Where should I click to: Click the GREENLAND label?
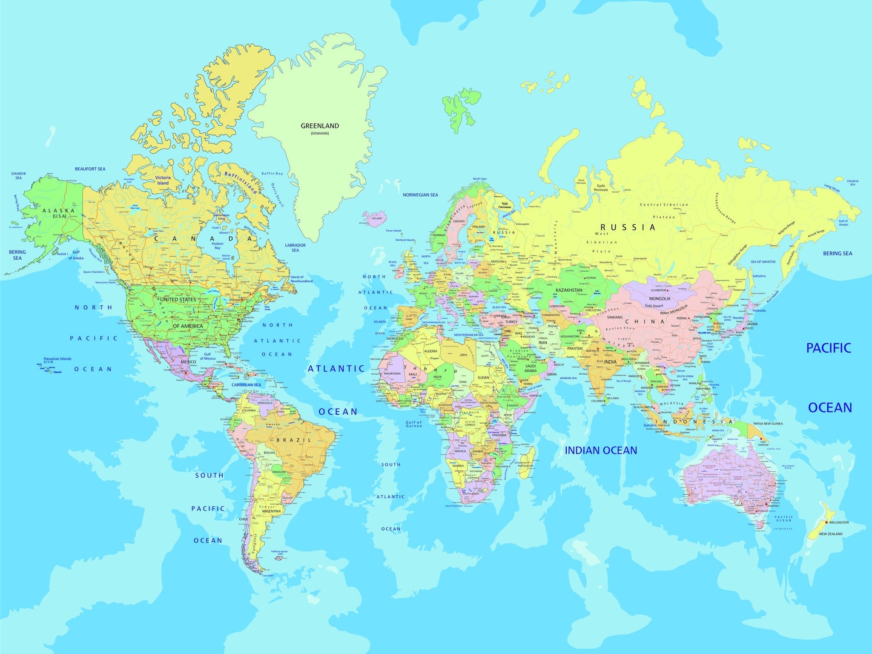pos(320,126)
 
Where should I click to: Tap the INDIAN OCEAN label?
pos(601,450)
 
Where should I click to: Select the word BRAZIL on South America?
pos(294,440)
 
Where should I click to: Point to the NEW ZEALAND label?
pos(831,534)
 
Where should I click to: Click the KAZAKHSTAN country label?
pos(569,290)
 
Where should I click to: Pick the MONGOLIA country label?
pos(660,298)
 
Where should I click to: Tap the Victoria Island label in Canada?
pos(163,180)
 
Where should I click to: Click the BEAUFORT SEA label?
pos(90,169)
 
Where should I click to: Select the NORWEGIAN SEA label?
pos(420,195)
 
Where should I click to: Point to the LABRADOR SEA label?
pos(295,247)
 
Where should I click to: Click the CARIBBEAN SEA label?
pos(246,385)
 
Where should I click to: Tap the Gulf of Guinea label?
pos(413,424)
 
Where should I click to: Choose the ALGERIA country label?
pos(430,351)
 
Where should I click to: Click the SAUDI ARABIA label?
pos(531,368)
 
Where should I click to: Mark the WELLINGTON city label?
pos(839,522)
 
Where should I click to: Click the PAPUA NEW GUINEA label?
pos(768,424)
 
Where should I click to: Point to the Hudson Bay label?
pos(218,246)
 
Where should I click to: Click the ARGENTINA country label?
pos(271,511)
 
